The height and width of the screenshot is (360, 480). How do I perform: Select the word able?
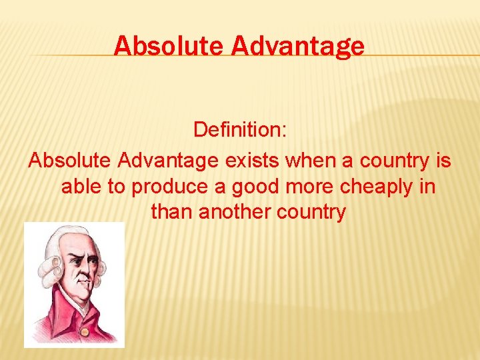(80, 187)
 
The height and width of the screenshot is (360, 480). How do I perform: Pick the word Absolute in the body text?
(69, 161)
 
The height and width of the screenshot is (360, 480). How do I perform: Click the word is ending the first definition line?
(443, 161)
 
